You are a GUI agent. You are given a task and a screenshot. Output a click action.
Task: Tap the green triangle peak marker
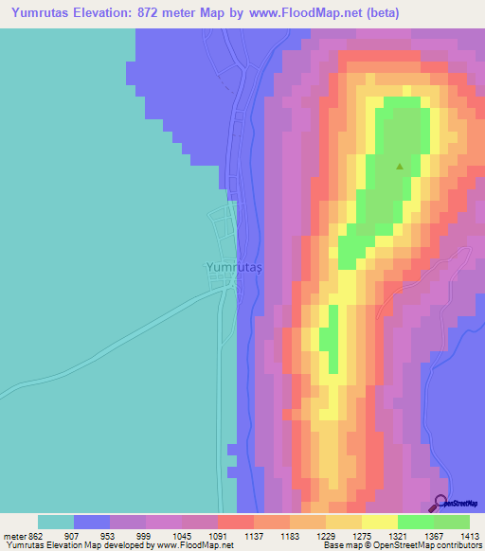(400, 167)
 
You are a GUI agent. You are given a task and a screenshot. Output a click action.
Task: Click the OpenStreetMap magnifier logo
(440, 504)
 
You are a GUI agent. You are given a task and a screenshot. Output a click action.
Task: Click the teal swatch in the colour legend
(55, 522)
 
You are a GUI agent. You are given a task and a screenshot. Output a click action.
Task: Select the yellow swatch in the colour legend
(379, 522)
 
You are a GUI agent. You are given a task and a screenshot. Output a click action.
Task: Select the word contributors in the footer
(459, 545)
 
